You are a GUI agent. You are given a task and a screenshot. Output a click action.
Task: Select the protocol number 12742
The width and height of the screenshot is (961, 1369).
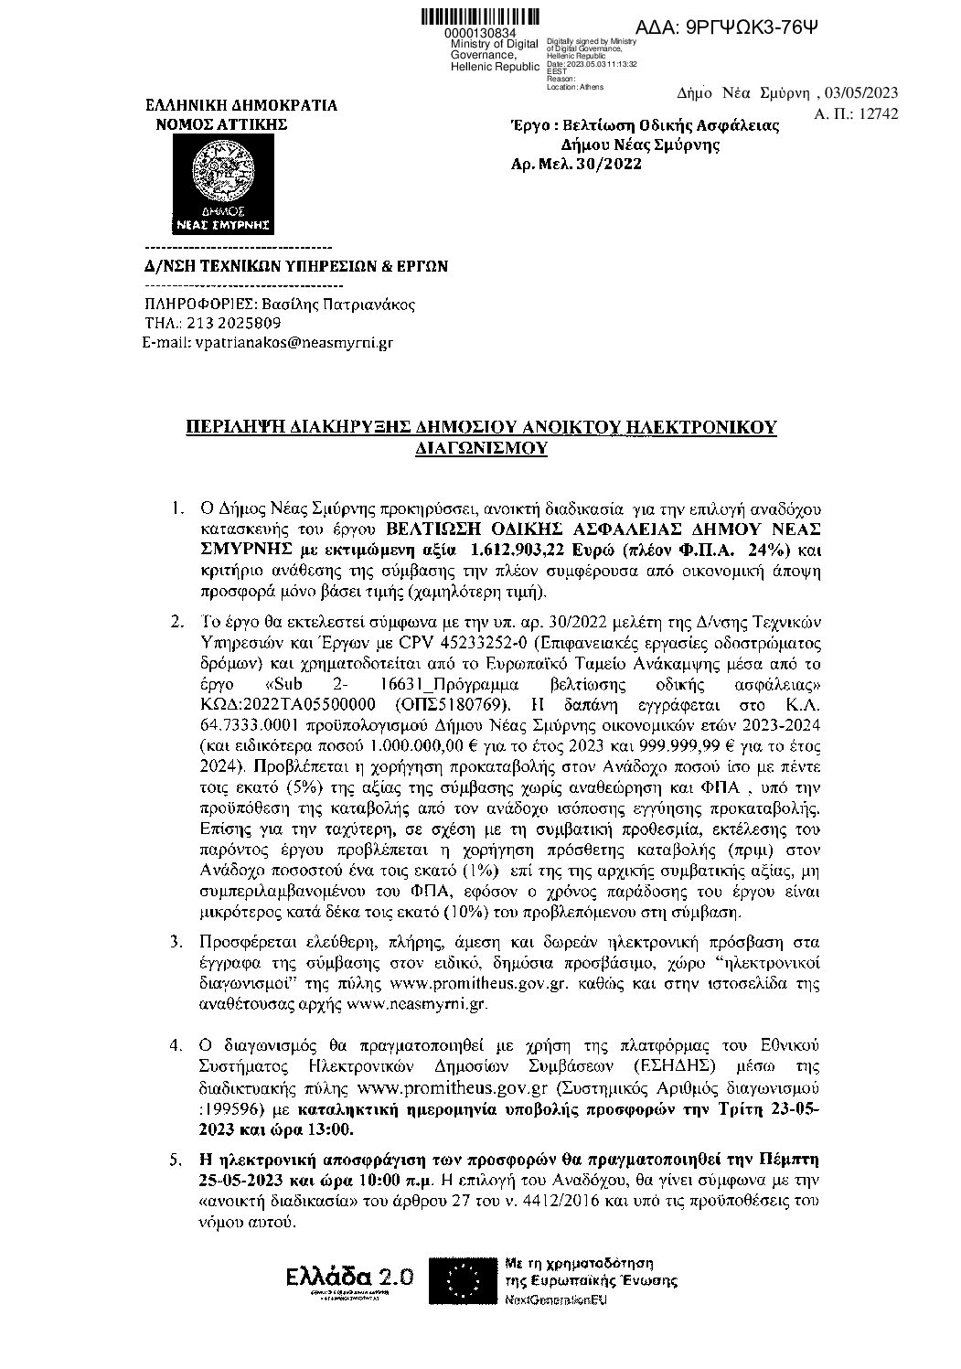point(880,113)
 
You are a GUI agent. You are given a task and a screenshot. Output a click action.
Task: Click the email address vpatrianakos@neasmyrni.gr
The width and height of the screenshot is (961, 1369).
point(292,343)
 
